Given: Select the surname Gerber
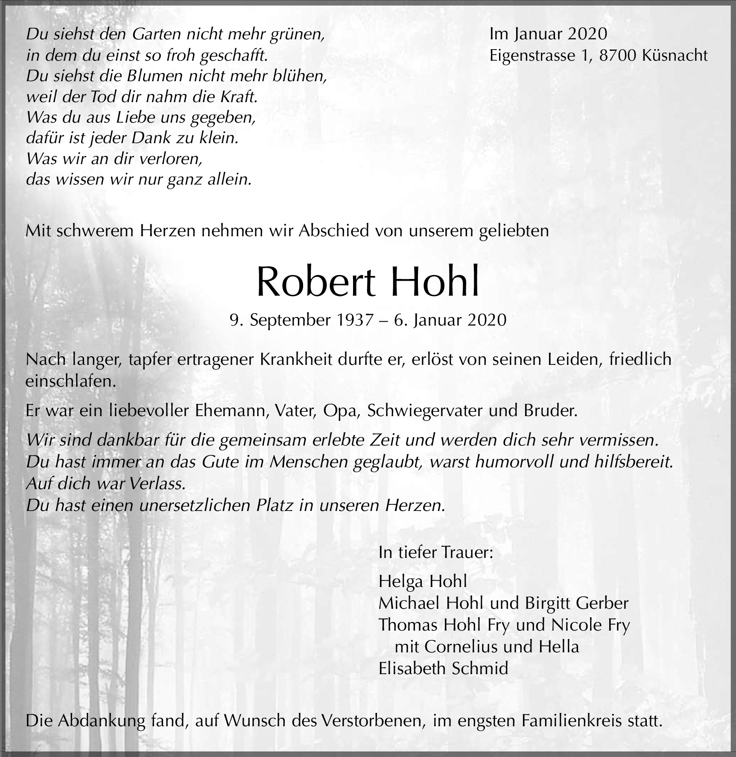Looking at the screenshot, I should click(602, 603).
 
